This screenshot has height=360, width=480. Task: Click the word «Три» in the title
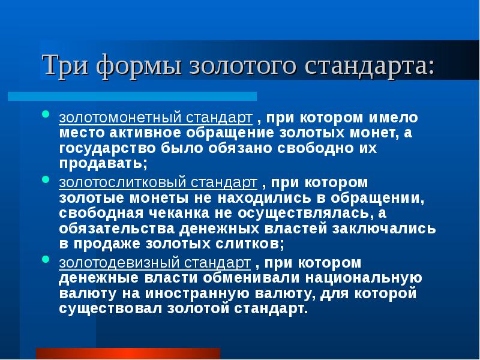(64, 65)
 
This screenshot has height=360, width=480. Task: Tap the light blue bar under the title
(132, 96)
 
